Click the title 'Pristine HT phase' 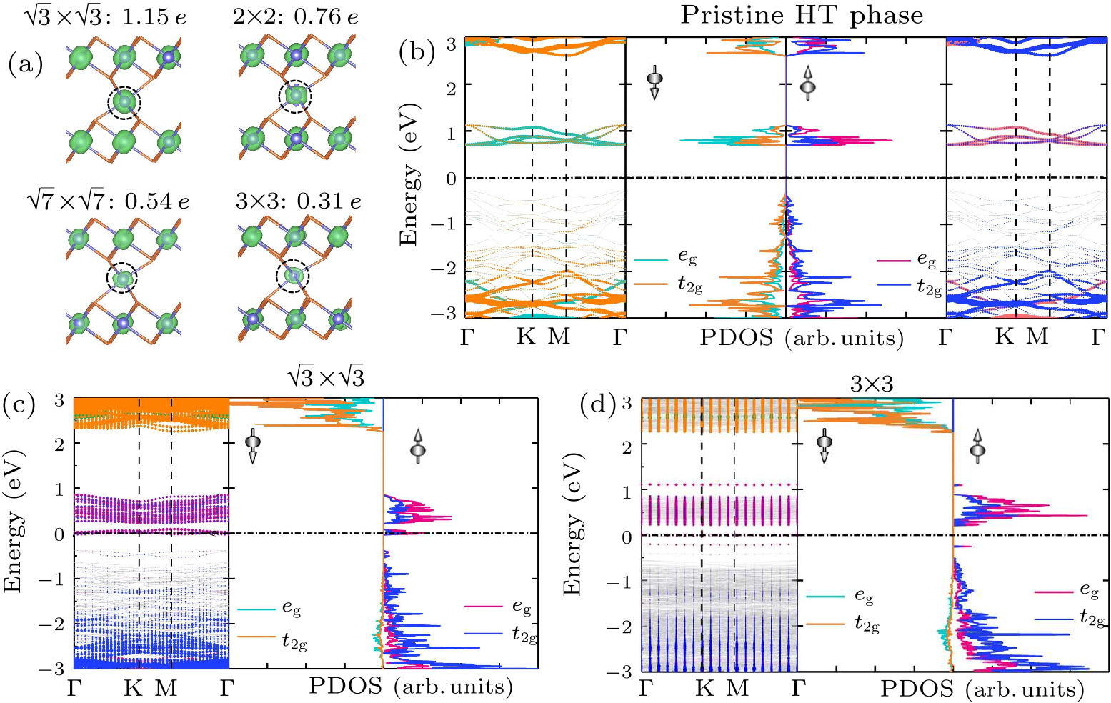click(x=801, y=15)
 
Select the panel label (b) click(x=417, y=52)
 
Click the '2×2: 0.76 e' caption click(x=296, y=16)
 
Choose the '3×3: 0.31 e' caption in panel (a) click(x=298, y=201)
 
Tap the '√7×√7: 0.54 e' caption click(x=107, y=201)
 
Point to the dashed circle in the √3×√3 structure click(x=124, y=104)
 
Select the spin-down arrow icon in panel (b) click(x=654, y=82)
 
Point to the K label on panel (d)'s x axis click(x=704, y=688)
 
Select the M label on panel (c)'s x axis click(x=166, y=688)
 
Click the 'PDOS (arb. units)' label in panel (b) click(x=801, y=337)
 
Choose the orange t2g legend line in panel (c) click(x=256, y=636)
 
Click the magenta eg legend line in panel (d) click(x=1053, y=592)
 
